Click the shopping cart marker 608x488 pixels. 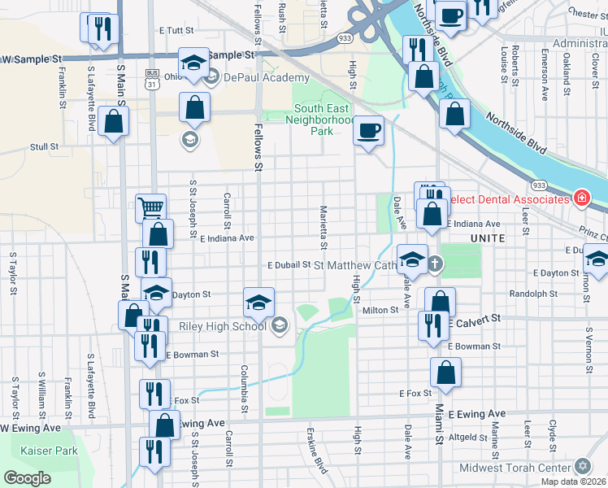151,208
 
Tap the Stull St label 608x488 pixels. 44,147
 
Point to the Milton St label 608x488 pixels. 380,309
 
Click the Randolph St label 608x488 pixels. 533,294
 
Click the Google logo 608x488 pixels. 27,478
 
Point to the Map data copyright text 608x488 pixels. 573,481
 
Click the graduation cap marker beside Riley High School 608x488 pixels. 258,303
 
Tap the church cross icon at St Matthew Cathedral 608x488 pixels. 435,264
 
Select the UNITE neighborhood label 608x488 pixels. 487,237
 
